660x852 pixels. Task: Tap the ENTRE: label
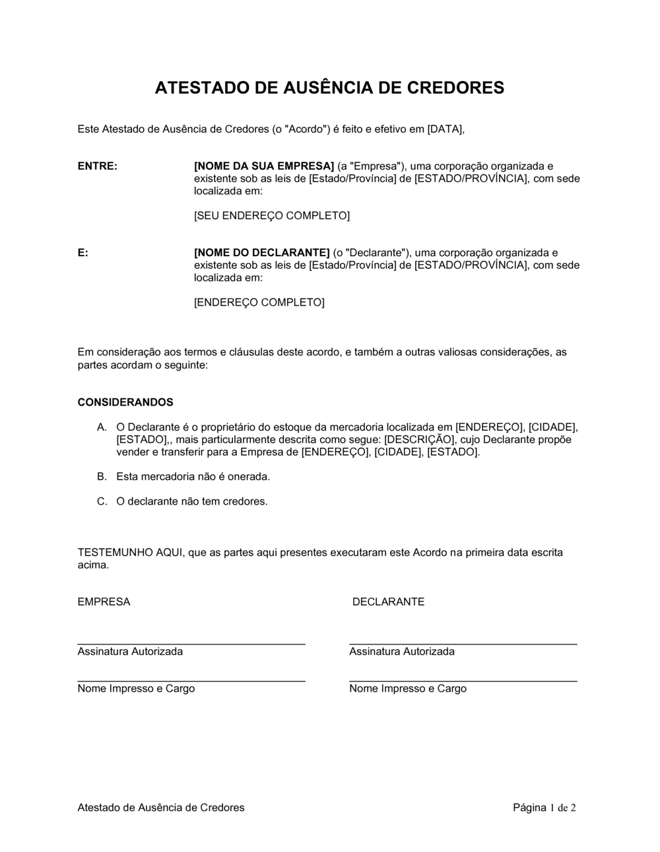tap(98, 166)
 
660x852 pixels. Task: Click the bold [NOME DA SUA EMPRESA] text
tap(264, 166)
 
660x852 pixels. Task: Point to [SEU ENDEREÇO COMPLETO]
tap(271, 215)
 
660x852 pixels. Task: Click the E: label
tap(83, 252)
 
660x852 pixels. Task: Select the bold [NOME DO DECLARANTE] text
tap(261, 252)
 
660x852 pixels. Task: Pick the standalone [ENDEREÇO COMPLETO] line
tap(259, 302)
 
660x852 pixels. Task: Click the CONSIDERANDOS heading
tap(125, 402)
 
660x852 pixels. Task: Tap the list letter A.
tap(102, 427)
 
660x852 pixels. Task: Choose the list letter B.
tap(102, 476)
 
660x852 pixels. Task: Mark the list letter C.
tap(102, 501)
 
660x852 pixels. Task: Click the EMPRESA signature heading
tap(104, 602)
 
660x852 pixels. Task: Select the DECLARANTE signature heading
tap(388, 602)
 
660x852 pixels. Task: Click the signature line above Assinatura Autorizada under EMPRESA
tap(191, 643)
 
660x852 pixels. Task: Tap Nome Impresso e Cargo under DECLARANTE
tap(408, 688)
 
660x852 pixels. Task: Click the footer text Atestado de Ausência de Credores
tap(161, 807)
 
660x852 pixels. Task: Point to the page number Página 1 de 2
tap(544, 807)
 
